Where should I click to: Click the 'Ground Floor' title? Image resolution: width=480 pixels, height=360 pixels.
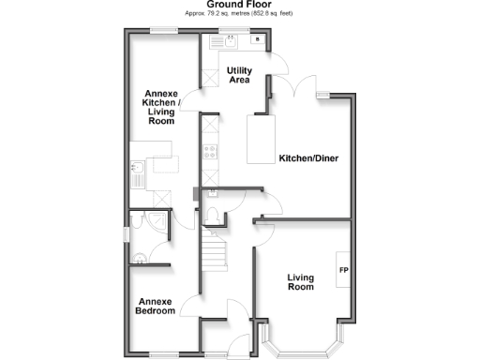click(x=239, y=5)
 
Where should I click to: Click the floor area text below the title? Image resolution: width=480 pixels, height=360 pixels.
click(x=239, y=14)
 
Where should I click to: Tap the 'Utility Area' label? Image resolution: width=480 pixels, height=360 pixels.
click(x=239, y=75)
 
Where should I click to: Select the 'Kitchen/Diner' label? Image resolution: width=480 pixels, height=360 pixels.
click(x=307, y=158)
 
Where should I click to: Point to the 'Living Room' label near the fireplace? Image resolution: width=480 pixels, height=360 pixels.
click(x=300, y=282)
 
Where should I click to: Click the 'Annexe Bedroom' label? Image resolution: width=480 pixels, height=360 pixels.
click(x=155, y=307)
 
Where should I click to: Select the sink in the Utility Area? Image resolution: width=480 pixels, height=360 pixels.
click(x=228, y=41)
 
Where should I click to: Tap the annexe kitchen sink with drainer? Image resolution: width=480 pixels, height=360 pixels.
click(x=138, y=173)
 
